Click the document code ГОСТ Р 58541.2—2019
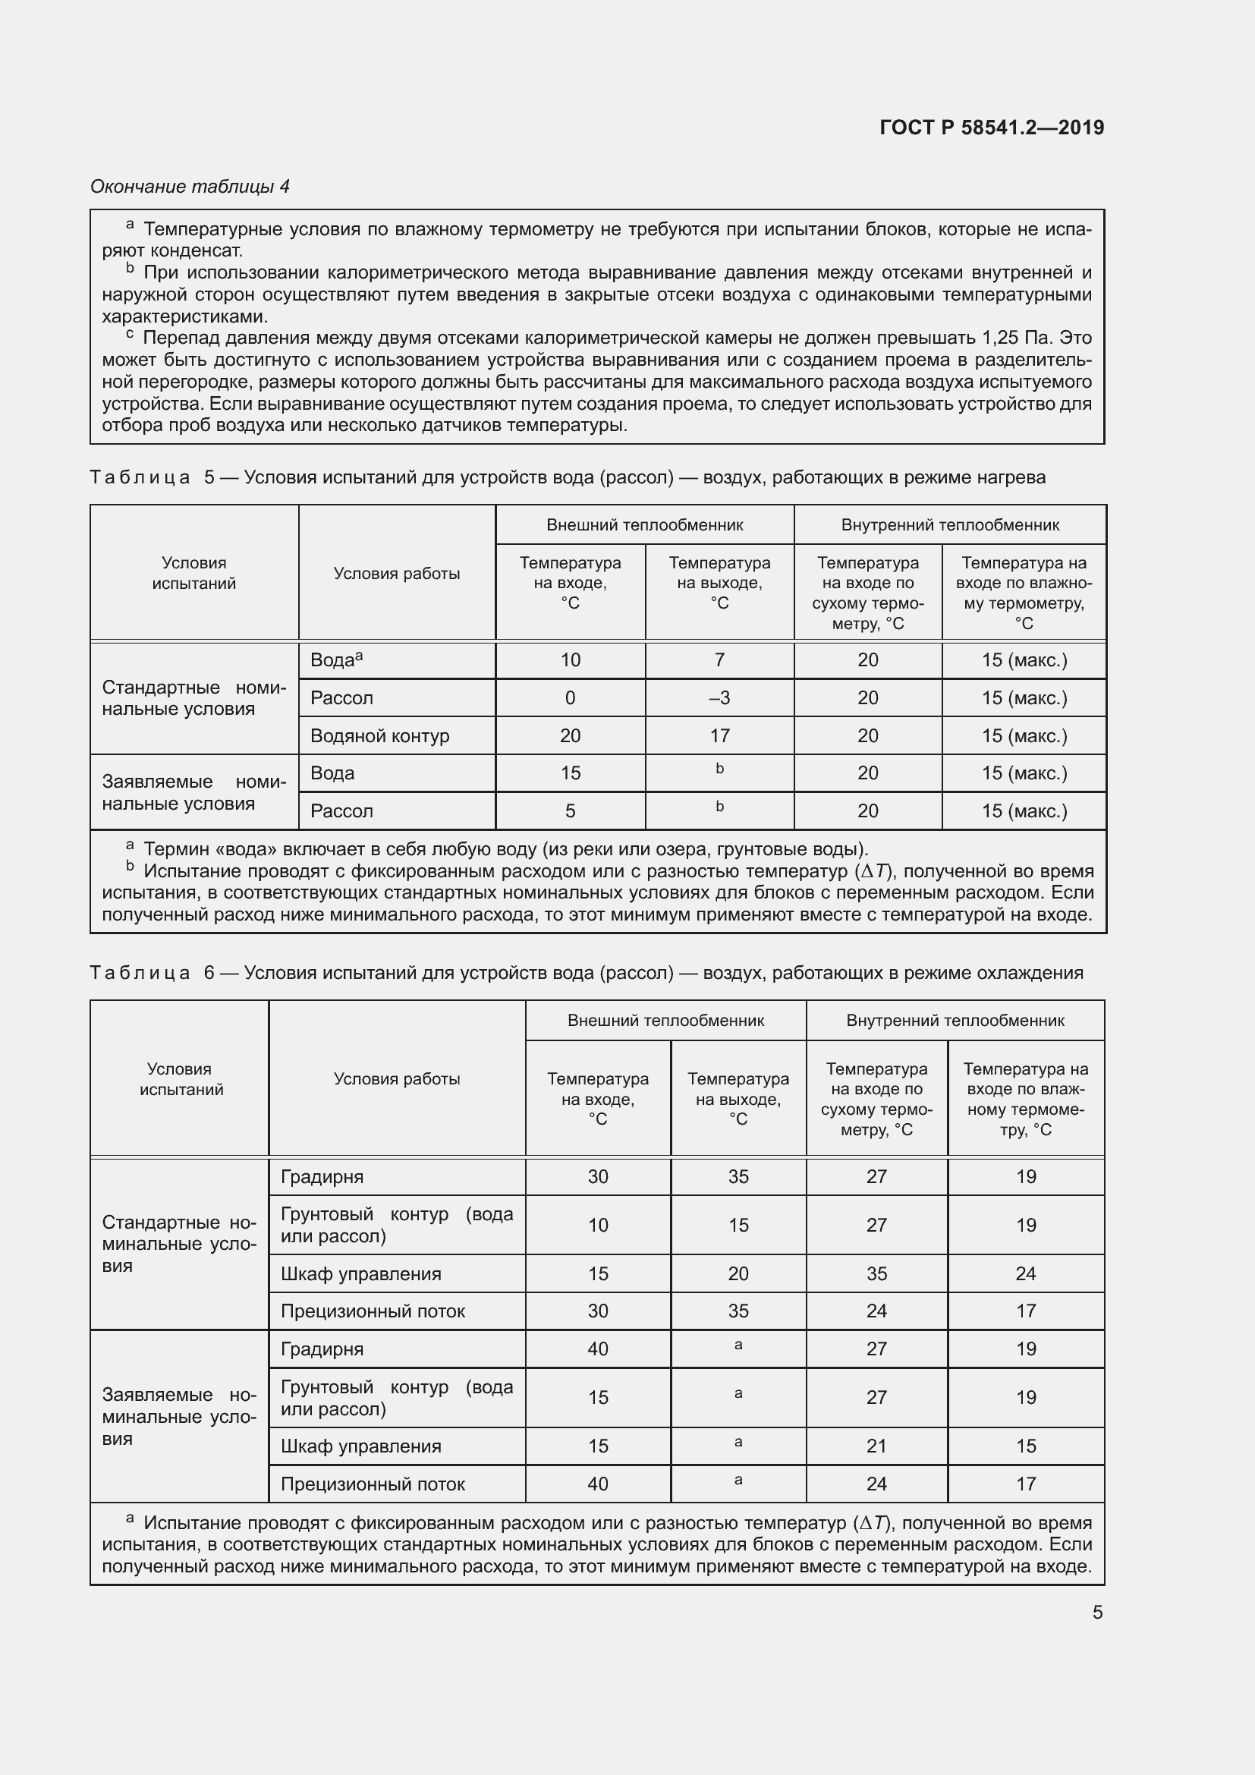[992, 127]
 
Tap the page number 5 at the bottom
[1097, 1612]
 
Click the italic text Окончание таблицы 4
[190, 187]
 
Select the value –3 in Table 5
[719, 698]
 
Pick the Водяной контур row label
[379, 736]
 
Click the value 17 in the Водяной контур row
[719, 736]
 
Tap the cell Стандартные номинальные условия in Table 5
[193, 698]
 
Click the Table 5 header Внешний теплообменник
[644, 525]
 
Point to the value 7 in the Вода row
[719, 660]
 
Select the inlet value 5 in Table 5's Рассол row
[571, 811]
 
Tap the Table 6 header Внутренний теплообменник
[955, 1021]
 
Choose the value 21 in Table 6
[876, 1446]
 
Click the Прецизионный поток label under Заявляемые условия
[373, 1484]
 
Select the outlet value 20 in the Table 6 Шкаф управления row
[738, 1273]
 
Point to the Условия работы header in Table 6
[396, 1078]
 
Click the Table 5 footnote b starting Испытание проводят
[596, 893]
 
